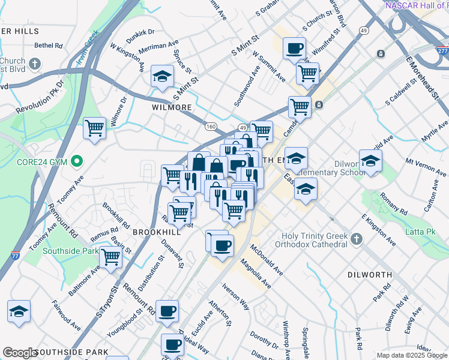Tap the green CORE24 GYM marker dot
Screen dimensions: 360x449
(76, 161)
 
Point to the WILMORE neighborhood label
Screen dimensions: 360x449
(172, 107)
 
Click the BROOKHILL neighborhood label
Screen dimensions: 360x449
(156, 232)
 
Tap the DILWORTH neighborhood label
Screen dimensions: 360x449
(370, 275)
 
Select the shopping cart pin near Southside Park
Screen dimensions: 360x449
(110, 257)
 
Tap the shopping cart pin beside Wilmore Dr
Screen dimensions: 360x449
(95, 128)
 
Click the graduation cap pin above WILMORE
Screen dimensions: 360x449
(162, 76)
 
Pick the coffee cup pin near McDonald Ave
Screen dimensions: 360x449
(223, 245)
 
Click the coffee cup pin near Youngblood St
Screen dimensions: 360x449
(167, 311)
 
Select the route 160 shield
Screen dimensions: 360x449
(210, 126)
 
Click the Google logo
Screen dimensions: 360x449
(19, 352)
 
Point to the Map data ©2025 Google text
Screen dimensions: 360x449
(412, 355)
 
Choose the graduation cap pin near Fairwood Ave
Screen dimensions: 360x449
(19, 311)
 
